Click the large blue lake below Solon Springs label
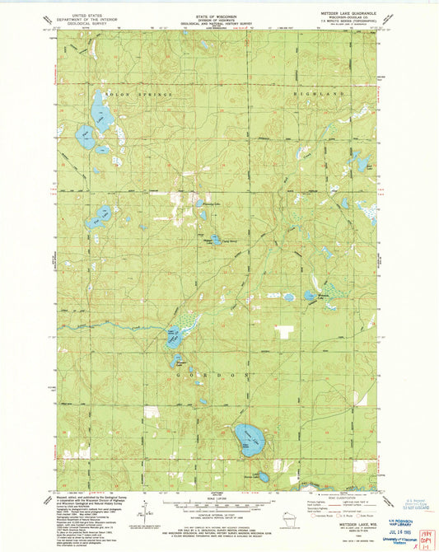tap(98, 107)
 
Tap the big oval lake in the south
tap(245, 435)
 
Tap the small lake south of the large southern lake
tap(263, 475)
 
